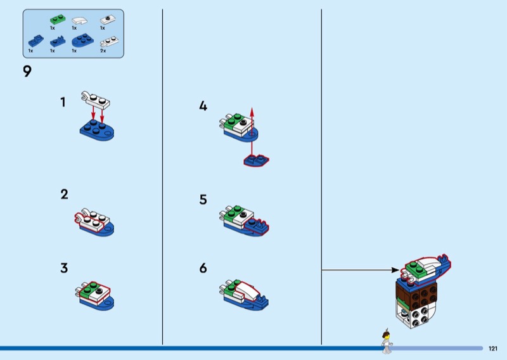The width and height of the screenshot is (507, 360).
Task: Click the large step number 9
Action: [x=27, y=72]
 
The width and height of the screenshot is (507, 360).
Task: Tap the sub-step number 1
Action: [x=63, y=102]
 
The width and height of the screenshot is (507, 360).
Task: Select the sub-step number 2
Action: [x=64, y=195]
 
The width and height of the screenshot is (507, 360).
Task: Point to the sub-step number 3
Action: [x=64, y=267]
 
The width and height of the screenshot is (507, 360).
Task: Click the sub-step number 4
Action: [x=203, y=106]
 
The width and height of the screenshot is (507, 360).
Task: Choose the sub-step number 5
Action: [x=203, y=200]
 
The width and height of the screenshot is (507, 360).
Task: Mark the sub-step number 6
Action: [x=203, y=268]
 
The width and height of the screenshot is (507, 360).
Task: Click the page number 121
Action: [x=493, y=348]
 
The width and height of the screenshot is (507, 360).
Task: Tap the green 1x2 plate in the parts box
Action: [x=56, y=20]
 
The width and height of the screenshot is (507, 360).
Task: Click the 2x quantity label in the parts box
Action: [x=103, y=51]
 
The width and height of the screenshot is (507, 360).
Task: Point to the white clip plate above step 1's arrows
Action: [x=94, y=100]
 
